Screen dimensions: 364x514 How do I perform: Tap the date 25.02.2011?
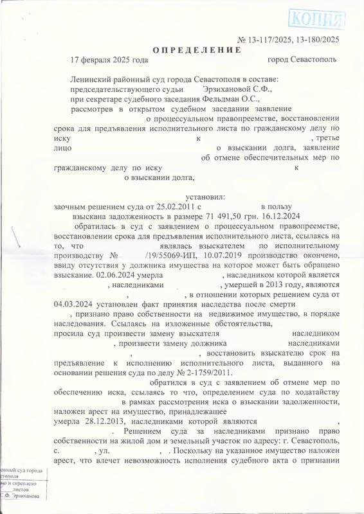click(171, 207)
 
